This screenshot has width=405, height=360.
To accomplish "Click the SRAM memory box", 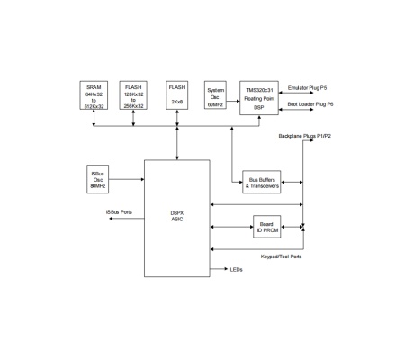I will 94,97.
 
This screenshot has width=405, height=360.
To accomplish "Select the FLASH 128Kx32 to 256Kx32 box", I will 134,97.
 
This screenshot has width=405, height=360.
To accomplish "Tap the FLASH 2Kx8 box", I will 178,97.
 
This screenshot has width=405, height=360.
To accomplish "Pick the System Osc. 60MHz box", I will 216,95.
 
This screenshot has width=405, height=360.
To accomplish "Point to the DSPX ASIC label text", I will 176,217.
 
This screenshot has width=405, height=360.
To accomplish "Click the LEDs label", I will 237,269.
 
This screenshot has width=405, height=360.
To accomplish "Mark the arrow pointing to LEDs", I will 219,269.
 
